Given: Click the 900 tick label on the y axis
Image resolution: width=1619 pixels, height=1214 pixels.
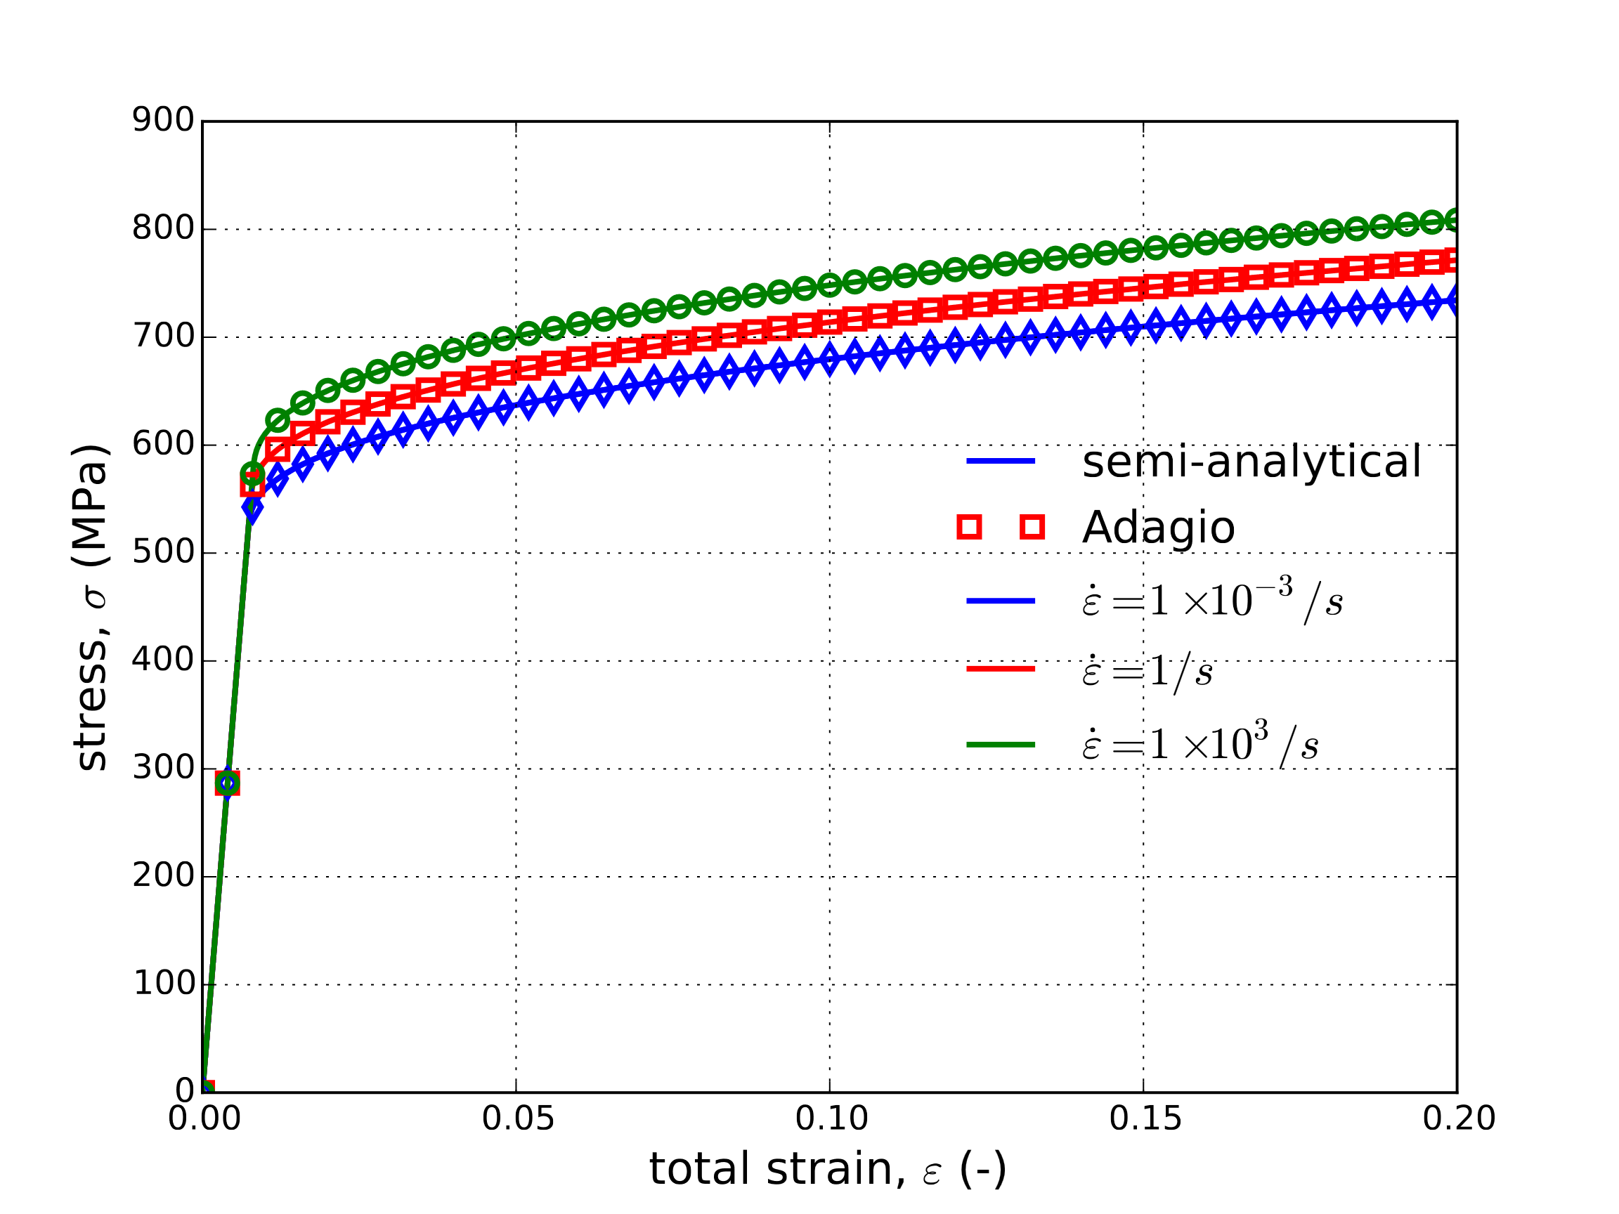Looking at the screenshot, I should (162, 120).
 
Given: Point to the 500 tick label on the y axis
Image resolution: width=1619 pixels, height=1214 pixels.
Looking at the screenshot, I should (162, 552).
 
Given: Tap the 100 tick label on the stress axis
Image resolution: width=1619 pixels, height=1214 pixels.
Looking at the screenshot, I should (162, 984).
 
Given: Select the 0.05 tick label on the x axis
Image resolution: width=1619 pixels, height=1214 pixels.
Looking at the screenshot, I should (517, 1119).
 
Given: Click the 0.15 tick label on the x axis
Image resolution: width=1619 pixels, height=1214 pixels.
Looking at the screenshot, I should (1145, 1119).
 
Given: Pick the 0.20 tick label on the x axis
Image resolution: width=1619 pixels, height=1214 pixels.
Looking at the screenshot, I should (1458, 1119).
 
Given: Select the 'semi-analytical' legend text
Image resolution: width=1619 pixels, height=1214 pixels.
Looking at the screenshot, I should (1251, 462).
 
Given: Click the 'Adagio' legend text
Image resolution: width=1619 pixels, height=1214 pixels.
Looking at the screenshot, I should (1158, 528).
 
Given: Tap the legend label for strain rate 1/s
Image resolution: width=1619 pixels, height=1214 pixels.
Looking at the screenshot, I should (1146, 670).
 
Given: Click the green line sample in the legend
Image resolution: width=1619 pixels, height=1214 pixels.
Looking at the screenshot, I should (1001, 745).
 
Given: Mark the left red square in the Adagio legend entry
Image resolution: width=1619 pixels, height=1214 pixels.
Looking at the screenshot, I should (969, 527).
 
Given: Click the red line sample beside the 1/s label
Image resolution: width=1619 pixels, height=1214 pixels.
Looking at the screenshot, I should (1001, 669).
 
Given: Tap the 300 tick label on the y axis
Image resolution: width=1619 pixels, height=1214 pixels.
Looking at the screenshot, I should (162, 768).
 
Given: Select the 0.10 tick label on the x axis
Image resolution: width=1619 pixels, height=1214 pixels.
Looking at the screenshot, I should (831, 1119).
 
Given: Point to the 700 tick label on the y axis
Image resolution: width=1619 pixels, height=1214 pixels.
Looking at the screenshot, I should (162, 337).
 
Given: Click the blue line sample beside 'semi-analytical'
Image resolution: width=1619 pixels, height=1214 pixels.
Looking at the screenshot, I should (1001, 461).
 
